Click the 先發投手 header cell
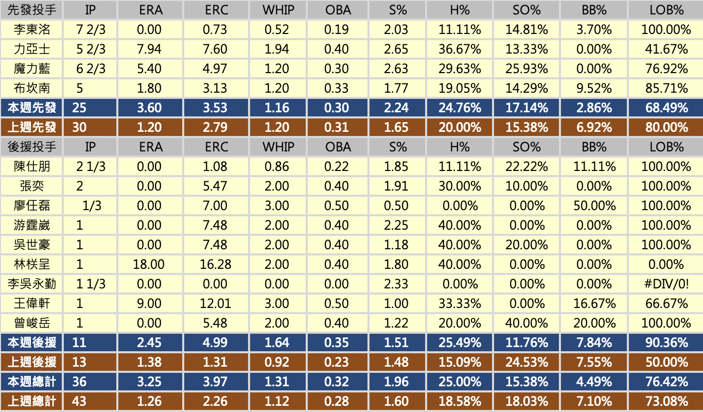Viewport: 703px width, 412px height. pyautogui.click(x=32, y=10)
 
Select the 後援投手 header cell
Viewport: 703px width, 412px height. pyautogui.click(x=32, y=147)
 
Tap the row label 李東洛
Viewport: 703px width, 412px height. pyautogui.click(x=32, y=29)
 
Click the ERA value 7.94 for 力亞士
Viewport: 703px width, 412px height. pyautogui.click(x=149, y=49)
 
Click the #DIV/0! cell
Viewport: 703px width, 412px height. pyautogui.click(x=666, y=284)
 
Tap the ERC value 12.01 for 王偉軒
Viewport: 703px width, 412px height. pyautogui.click(x=216, y=303)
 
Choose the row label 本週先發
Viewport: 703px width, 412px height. pyautogui.click(x=32, y=108)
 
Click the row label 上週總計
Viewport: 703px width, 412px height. pyautogui.click(x=32, y=401)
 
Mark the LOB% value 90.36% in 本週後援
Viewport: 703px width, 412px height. pyautogui.click(x=666, y=342)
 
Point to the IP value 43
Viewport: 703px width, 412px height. pyautogui.click(x=80, y=401)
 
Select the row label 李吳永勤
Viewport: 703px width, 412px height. pyautogui.click(x=32, y=284)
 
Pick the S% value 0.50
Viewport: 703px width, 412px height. pyautogui.click(x=396, y=205)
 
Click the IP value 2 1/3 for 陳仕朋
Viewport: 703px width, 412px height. pyautogui.click(x=91, y=166)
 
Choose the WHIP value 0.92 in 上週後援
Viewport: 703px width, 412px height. pyautogui.click(x=277, y=362)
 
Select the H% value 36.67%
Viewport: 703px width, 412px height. pyautogui.click(x=459, y=49)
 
